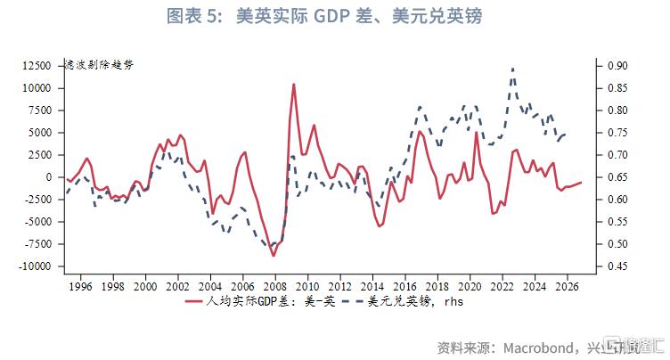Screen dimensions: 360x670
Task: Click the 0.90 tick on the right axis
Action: [618, 66]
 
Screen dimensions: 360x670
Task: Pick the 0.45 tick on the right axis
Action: [618, 266]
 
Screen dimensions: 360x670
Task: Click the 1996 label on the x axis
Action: [80, 286]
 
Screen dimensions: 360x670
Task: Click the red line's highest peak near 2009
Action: [294, 85]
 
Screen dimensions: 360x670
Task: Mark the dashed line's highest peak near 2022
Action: [512, 69]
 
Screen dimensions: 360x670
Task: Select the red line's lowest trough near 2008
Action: [274, 256]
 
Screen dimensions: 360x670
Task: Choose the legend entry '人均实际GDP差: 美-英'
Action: [257, 301]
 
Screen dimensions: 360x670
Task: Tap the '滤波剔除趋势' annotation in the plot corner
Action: [99, 65]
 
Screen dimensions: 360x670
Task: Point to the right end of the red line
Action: [581, 182]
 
